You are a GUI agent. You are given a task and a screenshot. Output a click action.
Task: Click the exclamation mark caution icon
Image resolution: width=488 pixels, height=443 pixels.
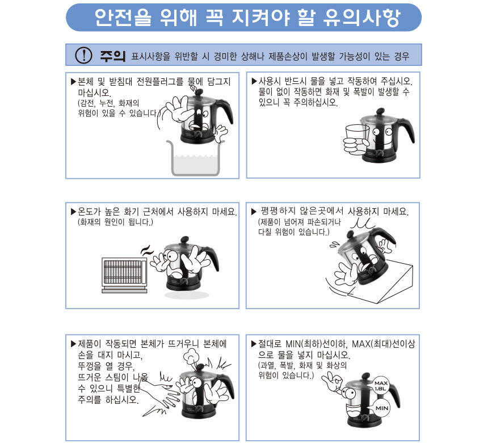83,56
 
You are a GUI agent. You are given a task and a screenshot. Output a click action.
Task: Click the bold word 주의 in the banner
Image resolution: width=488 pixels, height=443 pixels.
113,56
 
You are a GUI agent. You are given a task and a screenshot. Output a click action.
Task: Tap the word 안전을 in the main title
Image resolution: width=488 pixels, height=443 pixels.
123,17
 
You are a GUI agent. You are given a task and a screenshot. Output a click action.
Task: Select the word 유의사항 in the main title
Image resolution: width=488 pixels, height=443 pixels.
361,18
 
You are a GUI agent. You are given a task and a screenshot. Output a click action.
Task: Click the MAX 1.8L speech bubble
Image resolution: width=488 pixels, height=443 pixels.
380,386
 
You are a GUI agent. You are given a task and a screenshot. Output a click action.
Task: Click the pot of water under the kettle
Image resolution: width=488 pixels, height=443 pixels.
195,158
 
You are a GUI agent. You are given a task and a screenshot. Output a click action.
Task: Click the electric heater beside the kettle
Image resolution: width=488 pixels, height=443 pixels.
124,275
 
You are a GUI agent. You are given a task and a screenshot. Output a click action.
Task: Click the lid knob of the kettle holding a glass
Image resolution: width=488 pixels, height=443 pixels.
380,111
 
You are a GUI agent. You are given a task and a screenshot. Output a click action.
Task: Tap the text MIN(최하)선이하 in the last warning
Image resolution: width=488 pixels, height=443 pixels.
316,344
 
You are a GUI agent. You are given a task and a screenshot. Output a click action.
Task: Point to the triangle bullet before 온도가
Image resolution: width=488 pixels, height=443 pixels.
73,212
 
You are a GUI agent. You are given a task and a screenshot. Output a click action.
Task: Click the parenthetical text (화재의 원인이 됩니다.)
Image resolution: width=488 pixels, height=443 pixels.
115,222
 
